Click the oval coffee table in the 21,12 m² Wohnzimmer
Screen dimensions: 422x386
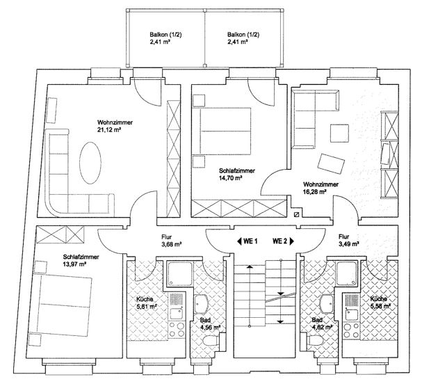[x=90, y=163]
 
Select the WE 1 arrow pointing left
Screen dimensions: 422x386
[x=239, y=241]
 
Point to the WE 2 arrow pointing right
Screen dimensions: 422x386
[x=291, y=241]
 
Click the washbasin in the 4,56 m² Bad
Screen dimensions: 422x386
[x=201, y=304]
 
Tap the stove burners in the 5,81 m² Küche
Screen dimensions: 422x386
[x=177, y=330]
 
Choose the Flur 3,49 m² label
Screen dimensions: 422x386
[x=348, y=240]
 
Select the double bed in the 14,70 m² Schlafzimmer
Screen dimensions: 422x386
[x=222, y=131]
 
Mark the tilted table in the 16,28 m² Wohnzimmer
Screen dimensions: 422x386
[x=331, y=163]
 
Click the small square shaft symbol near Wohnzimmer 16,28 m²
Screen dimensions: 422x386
[x=297, y=214]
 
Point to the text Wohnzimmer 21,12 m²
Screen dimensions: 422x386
[x=115, y=126]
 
